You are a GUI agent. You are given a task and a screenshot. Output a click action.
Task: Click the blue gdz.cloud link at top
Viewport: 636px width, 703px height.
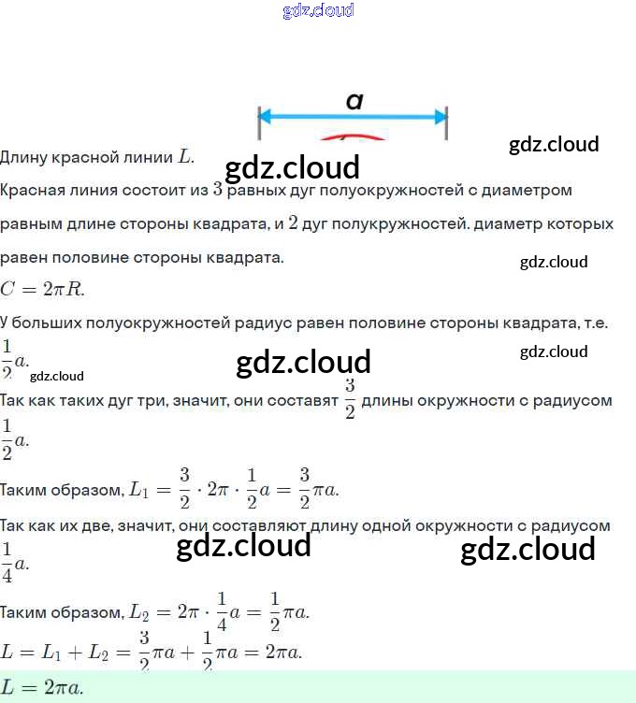318,11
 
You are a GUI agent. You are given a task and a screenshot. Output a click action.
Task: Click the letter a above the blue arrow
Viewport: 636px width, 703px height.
354,100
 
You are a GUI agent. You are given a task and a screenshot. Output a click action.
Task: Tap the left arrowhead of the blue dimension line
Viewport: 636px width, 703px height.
266,117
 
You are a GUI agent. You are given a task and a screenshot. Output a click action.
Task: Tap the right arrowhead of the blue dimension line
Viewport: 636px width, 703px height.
441,117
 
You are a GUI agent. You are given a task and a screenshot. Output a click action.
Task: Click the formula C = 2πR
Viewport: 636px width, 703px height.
42,289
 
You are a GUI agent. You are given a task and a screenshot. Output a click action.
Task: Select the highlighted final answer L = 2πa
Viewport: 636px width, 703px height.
42,687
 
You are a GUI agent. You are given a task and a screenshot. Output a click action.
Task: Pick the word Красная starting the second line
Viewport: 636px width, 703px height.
32,190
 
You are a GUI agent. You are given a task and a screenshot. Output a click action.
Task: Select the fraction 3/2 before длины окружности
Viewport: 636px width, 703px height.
350,399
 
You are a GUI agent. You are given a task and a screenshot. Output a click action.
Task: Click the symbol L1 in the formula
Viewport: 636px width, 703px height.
137,489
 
